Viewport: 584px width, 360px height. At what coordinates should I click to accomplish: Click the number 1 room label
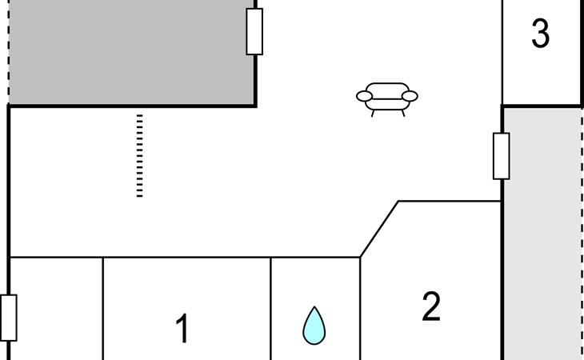pos(182,329)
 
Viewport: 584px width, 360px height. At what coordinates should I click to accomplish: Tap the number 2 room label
pos(431,307)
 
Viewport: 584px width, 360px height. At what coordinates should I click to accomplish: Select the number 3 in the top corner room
pos(541,34)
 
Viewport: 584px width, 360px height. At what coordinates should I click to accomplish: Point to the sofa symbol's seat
pos(387,98)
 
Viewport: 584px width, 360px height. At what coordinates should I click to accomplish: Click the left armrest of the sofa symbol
pos(365,97)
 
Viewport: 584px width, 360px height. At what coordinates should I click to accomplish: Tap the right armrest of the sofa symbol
pos(410,96)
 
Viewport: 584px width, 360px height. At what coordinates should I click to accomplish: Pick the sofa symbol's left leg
pos(374,112)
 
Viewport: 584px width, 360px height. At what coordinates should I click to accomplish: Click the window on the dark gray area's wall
pos(254,31)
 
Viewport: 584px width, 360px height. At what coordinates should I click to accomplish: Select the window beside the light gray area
pos(502,156)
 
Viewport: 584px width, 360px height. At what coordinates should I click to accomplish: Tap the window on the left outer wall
pos(9,317)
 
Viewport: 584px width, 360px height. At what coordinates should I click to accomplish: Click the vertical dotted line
pos(139,155)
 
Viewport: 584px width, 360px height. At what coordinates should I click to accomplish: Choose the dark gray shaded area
pos(128,52)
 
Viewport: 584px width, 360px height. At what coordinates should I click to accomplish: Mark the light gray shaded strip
pos(542,232)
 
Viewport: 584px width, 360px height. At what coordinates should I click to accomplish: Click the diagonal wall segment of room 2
pos(379,230)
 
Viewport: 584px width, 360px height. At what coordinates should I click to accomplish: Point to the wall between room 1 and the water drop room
pos(271,308)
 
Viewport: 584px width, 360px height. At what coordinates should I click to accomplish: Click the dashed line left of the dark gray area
pos(8,48)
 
